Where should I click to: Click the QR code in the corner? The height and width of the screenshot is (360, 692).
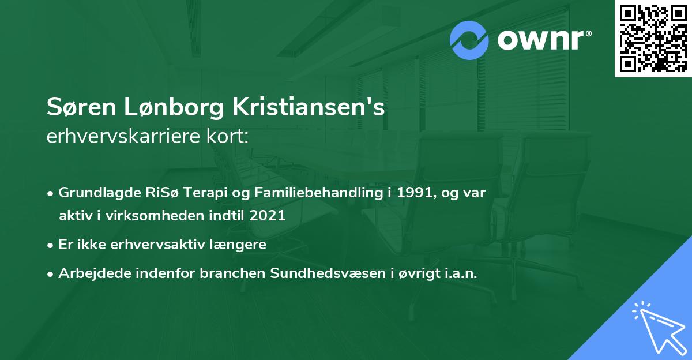(x=653, y=39)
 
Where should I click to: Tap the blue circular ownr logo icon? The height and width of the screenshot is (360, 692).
(x=469, y=40)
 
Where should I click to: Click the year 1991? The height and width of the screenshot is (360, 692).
(x=411, y=193)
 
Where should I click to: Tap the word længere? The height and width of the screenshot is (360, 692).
(x=240, y=244)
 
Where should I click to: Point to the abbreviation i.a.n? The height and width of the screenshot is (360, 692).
(x=458, y=273)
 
